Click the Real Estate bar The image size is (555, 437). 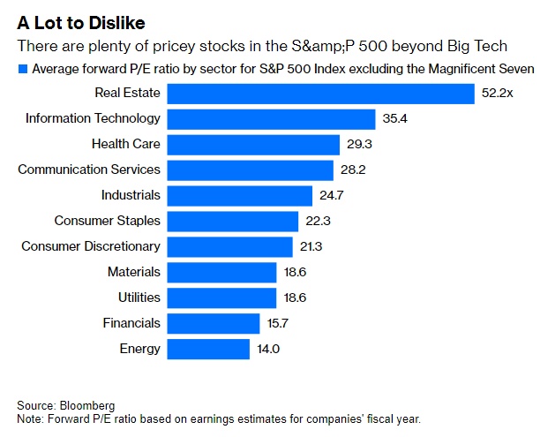[x=321, y=93]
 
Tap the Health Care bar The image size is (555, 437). [x=254, y=144]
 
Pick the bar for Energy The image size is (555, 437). [x=209, y=349]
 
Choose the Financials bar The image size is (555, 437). [x=214, y=323]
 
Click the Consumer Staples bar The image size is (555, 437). [x=233, y=221]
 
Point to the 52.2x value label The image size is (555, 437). [x=497, y=93]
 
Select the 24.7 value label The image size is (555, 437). [x=331, y=195]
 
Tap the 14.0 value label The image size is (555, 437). [x=267, y=349]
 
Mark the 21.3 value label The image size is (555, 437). [x=311, y=246]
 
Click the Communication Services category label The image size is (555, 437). [x=89, y=170]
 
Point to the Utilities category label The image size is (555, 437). [x=139, y=298]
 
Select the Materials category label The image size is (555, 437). [x=134, y=272]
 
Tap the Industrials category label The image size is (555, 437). [x=131, y=195]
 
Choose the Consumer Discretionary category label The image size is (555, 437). [x=91, y=246]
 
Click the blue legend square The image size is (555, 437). [x=22, y=69]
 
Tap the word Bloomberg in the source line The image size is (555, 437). [x=87, y=405]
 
